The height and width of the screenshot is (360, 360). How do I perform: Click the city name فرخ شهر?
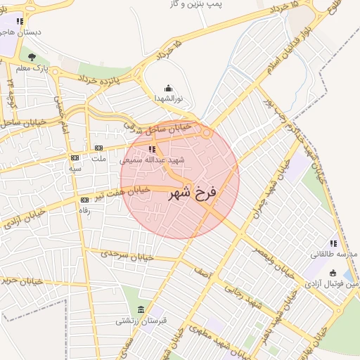[193, 192]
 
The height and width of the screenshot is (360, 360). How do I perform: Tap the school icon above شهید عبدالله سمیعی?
[153, 149]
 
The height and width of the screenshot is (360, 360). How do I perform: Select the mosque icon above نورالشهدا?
[168, 89]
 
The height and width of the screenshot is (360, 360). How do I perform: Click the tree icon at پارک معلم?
[32, 57]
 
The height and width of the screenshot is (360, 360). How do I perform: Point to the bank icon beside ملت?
[98, 148]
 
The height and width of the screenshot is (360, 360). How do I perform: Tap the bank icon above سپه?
[75, 158]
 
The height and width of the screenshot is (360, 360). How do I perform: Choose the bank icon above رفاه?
[84, 200]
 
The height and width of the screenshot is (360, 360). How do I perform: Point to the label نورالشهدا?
[169, 99]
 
